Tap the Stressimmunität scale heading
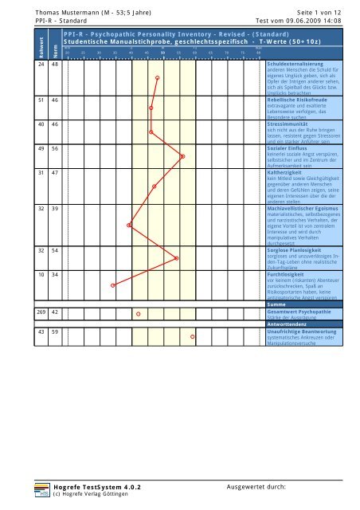(x=292, y=125)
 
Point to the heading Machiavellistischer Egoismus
(x=307, y=208)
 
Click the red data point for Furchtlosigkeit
(x=113, y=284)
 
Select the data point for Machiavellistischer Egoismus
(x=130, y=225)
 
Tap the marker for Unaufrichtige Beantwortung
(x=192, y=337)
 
